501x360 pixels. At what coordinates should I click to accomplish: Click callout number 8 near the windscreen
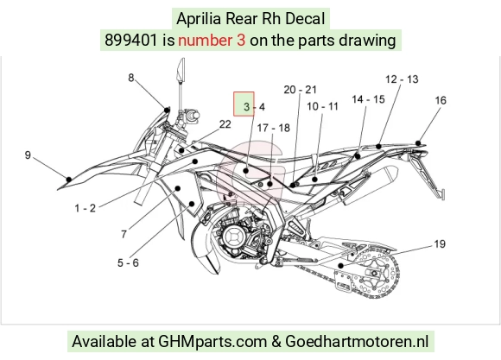[131, 78]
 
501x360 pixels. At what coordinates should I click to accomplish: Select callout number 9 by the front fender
[28, 155]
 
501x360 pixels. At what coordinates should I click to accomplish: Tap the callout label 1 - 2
[86, 208]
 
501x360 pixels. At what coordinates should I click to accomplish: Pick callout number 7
[124, 235]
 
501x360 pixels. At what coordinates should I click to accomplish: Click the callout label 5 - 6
[128, 263]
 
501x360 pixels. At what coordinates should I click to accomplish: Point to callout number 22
[225, 124]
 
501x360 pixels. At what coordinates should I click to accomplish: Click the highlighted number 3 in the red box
[246, 107]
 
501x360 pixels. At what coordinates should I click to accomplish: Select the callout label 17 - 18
[274, 128]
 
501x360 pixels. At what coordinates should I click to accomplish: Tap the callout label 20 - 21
[300, 90]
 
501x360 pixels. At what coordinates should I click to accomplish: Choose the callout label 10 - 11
[322, 106]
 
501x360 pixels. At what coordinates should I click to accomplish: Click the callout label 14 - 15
[368, 99]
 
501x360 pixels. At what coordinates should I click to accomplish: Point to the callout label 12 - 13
[402, 79]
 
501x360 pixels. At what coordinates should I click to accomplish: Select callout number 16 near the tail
[441, 101]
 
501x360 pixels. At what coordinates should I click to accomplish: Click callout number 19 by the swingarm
[440, 244]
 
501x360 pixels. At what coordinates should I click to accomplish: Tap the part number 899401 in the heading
[131, 41]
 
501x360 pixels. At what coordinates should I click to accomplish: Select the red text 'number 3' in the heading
[212, 41]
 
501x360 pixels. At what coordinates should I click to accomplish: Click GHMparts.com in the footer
[212, 342]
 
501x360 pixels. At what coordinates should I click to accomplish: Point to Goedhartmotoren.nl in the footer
[357, 341]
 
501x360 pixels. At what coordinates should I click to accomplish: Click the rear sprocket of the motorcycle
[375, 274]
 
